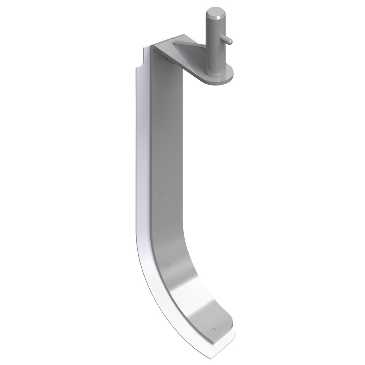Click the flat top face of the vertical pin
[x=213, y=15]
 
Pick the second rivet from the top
[x=161, y=125]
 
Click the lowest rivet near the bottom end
[x=213, y=330]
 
